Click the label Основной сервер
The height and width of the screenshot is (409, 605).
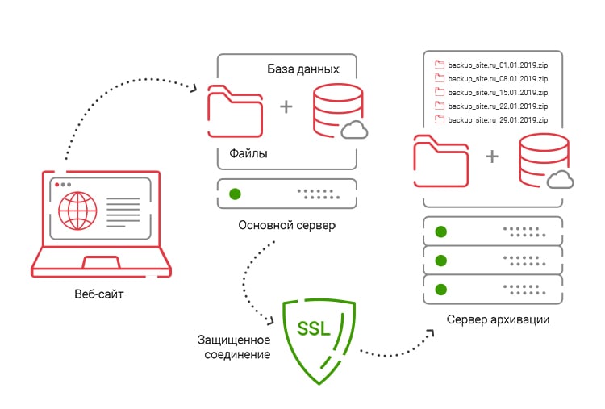286,225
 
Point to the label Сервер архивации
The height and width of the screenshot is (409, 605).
499,319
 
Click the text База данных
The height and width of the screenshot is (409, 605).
303,69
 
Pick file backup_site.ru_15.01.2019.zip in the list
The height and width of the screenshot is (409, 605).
490,91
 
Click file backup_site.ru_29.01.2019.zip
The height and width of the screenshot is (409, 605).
490,119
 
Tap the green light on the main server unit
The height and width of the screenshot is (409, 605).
235,194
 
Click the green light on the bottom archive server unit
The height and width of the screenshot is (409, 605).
441,288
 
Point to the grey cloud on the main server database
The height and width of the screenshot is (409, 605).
353,131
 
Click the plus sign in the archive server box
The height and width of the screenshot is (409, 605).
492,156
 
